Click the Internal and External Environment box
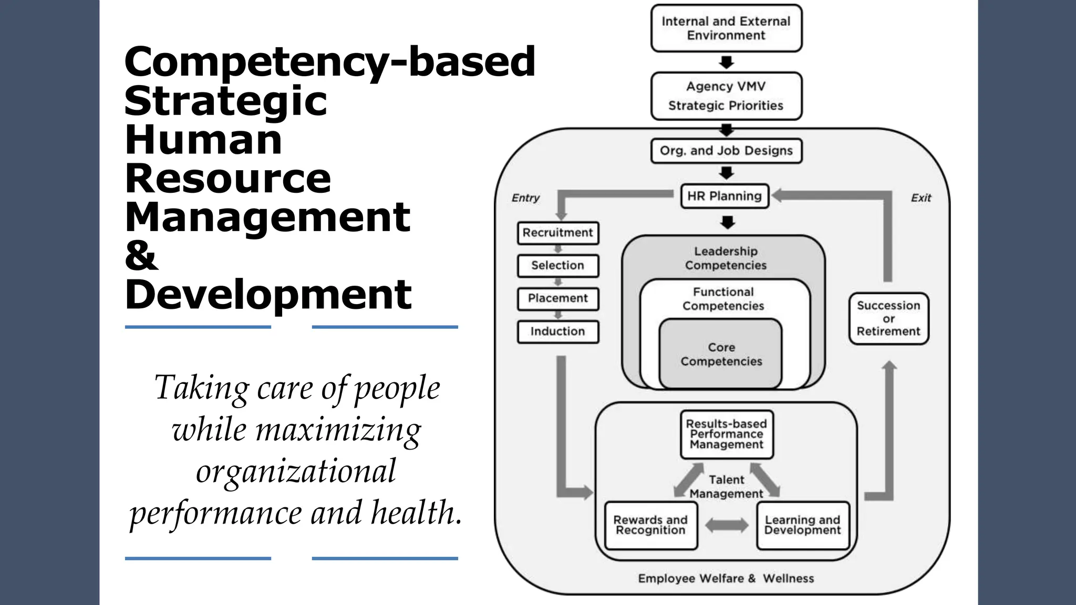[x=726, y=28]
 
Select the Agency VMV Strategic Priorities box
[x=726, y=96]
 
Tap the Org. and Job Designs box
[x=726, y=151]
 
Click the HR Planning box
[x=725, y=196]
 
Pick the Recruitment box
[x=557, y=233]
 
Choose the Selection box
[x=557, y=266]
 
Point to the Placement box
[x=557, y=298]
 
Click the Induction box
[x=557, y=331]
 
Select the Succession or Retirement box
[x=888, y=318]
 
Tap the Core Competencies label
[x=721, y=354]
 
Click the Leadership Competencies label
[x=726, y=258]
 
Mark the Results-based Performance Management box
[x=727, y=434]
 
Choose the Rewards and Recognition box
[x=650, y=525]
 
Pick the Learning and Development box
[x=802, y=525]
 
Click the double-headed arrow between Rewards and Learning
[x=727, y=525]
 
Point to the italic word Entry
[x=525, y=198]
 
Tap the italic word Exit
[x=920, y=198]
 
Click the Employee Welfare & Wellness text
[x=726, y=578]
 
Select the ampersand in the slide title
[x=141, y=256]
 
